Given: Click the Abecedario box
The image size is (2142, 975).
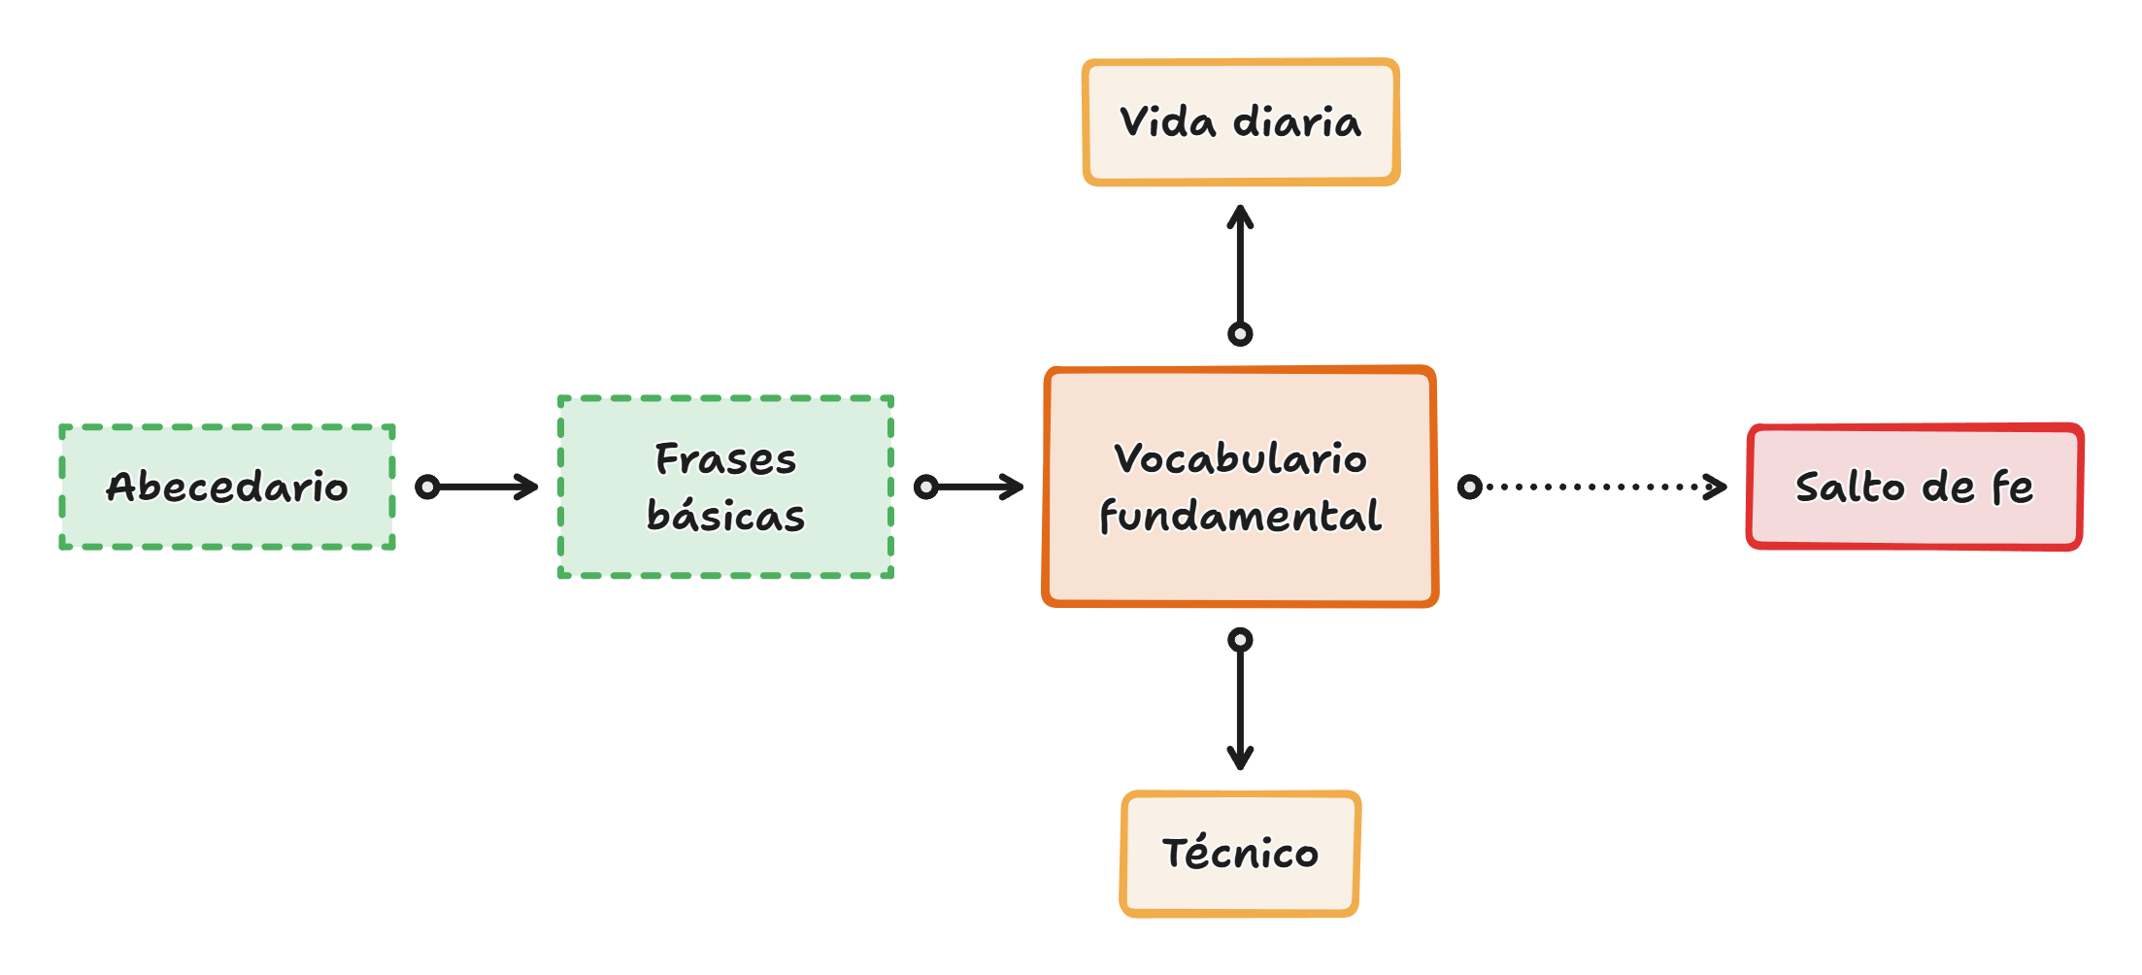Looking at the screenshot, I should [227, 487].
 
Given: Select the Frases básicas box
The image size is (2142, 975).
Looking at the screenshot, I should [725, 487].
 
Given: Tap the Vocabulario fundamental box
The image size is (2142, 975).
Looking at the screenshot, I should [1240, 487].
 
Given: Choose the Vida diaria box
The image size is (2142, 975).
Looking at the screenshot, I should [1241, 122].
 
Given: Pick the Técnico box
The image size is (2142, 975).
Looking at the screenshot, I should [1240, 854].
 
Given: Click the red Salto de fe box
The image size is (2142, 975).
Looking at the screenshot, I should [1915, 487].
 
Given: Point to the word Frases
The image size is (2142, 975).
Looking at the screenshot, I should [725, 458].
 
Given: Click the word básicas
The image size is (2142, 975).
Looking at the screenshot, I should [725, 515].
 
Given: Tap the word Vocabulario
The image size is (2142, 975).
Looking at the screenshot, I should [1240, 458].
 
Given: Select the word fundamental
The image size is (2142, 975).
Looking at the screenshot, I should [1240, 515].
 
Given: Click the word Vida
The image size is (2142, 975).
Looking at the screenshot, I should [1167, 122].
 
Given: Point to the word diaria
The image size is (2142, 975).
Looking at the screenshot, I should [1297, 122].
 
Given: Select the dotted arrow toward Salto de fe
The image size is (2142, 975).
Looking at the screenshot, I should [1597, 487].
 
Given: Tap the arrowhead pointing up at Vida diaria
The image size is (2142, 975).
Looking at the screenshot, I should [1240, 215].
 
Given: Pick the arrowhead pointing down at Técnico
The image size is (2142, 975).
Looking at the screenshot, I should [1240, 758].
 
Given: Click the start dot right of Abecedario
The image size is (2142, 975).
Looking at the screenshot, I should [427, 487].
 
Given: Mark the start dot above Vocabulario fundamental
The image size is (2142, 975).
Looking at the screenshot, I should [1240, 334].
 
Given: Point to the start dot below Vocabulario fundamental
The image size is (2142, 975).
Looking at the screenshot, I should [1240, 640].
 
